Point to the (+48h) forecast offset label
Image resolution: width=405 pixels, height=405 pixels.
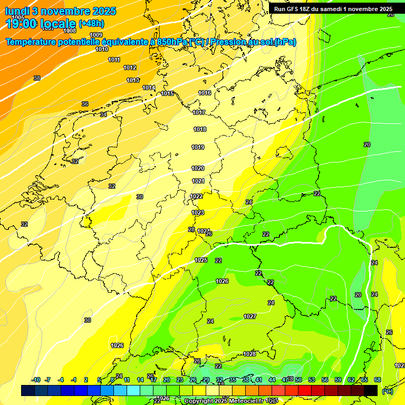[91, 24]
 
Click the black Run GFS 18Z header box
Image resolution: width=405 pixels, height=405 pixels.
[333, 9]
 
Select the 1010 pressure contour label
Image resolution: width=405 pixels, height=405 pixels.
[102, 49]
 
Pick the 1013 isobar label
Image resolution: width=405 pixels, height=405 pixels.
[133, 80]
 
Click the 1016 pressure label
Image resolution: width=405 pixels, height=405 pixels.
[205, 93]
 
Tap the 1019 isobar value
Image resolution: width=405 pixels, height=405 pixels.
[198, 147]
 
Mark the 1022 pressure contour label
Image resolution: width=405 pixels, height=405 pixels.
[196, 196]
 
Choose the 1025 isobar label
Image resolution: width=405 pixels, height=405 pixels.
[201, 260]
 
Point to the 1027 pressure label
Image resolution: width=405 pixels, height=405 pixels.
[250, 316]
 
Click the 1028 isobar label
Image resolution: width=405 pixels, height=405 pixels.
[249, 354]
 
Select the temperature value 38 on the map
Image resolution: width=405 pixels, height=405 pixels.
[37, 78]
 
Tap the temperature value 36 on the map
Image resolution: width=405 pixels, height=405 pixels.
[85, 104]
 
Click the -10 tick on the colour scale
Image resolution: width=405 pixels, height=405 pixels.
[36, 380]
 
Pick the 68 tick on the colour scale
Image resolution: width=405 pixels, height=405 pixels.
[378, 380]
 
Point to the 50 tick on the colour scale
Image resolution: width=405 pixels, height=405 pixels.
[298, 380]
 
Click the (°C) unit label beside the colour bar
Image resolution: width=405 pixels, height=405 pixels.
[387, 391]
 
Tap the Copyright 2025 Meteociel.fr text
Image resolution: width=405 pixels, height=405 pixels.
[224, 401]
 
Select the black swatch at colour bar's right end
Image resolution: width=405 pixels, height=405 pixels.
[371, 390]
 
